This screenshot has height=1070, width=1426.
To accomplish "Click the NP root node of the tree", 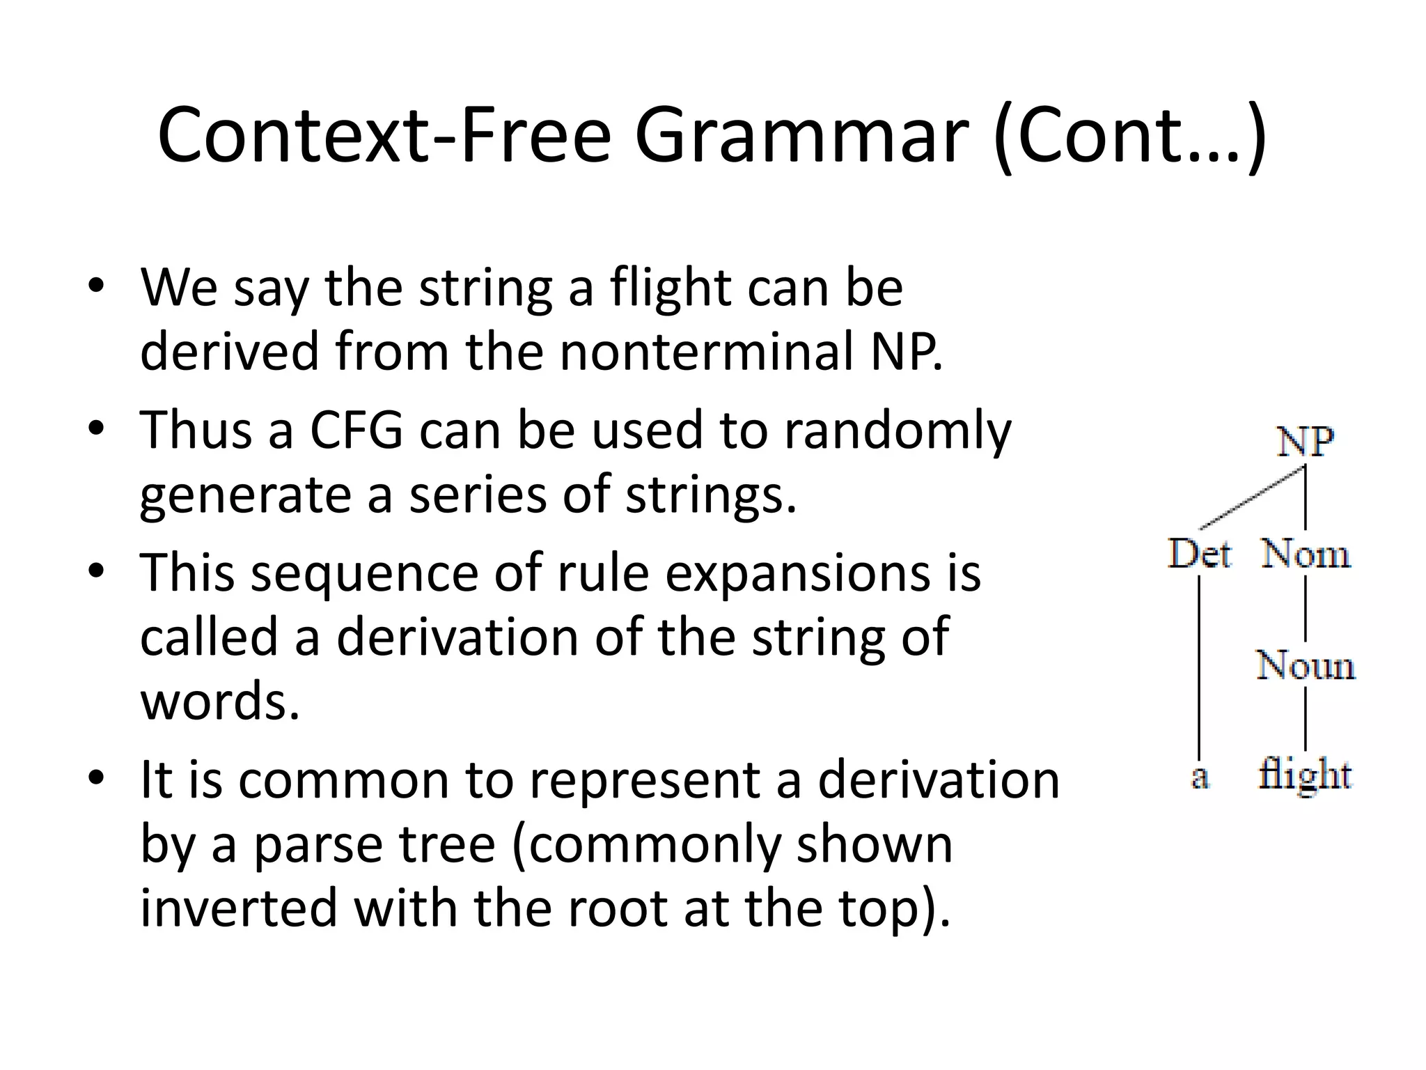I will pyautogui.click(x=1306, y=442).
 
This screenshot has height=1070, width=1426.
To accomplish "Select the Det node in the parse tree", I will pyautogui.click(x=1200, y=555).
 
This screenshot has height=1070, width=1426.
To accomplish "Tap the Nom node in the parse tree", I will pyautogui.click(x=1306, y=555).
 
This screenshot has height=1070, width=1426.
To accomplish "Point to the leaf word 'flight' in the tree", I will pyautogui.click(x=1305, y=775).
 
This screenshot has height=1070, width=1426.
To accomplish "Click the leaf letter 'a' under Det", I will pyautogui.click(x=1199, y=776).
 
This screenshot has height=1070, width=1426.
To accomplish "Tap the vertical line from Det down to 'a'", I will pyautogui.click(x=1199, y=669).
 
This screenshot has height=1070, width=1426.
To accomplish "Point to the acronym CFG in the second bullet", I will pyautogui.click(x=356, y=430).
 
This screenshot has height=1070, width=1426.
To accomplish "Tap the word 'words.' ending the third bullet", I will pyautogui.click(x=220, y=700).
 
